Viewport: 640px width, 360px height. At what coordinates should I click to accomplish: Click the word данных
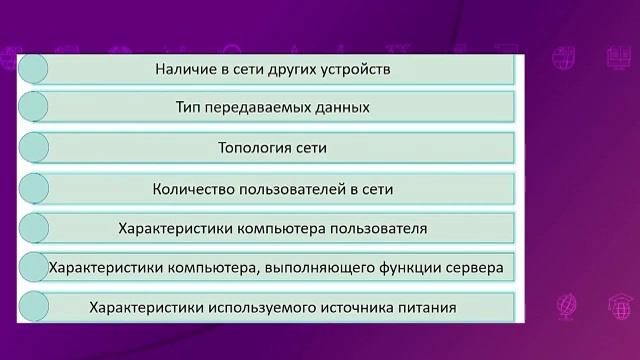pyautogui.click(x=343, y=108)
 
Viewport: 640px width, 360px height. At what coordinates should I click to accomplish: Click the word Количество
pyautogui.click(x=196, y=188)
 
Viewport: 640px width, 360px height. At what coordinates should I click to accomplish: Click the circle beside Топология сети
pyautogui.click(x=33, y=148)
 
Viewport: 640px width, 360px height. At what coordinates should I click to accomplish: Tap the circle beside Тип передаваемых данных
pyautogui.click(x=33, y=108)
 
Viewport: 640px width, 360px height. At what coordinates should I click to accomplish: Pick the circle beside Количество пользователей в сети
pyautogui.click(x=33, y=188)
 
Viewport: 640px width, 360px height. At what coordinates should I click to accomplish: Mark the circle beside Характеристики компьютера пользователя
pyautogui.click(x=33, y=228)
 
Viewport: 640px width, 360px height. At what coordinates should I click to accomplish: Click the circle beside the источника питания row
pyautogui.click(x=33, y=307)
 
